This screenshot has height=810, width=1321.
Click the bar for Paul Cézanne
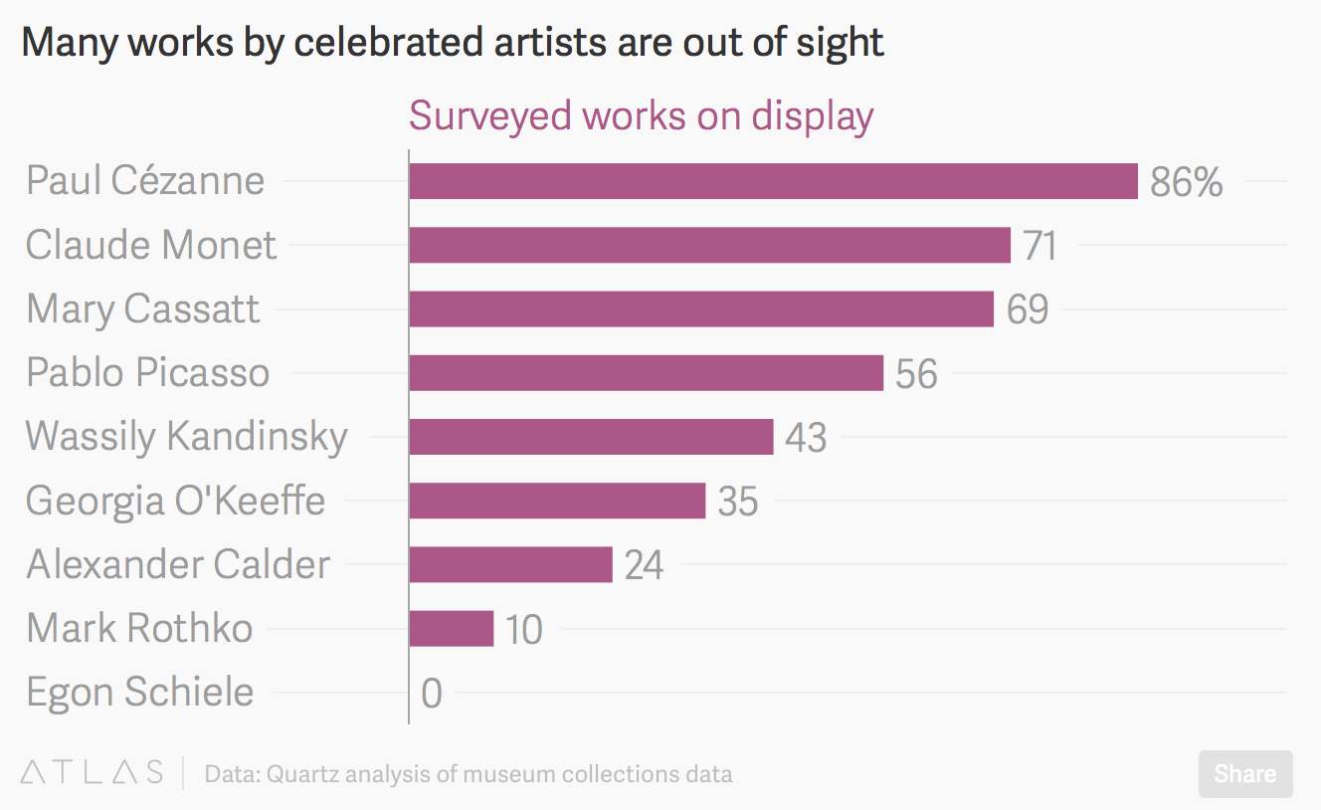(773, 181)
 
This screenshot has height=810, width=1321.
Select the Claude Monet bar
(709, 245)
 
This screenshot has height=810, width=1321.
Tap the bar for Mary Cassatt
(701, 308)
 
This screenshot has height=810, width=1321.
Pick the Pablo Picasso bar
(646, 373)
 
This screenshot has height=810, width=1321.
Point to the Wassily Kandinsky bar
(591, 437)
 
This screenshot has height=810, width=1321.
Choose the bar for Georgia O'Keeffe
(557, 501)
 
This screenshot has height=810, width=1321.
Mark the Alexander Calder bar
(510, 564)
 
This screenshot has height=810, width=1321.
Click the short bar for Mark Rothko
(451, 629)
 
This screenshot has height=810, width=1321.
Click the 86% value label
(1186, 182)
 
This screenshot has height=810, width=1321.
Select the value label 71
(1039, 246)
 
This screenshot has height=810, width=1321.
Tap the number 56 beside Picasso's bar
(916, 374)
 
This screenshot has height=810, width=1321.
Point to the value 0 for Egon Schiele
(431, 694)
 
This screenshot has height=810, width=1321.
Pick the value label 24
(644, 565)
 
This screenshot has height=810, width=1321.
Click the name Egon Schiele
(140, 692)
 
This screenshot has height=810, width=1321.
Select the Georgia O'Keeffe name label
(175, 500)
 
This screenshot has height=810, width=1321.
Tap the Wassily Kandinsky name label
(187, 436)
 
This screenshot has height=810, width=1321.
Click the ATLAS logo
(92, 773)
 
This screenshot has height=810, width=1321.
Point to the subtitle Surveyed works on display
(641, 115)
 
